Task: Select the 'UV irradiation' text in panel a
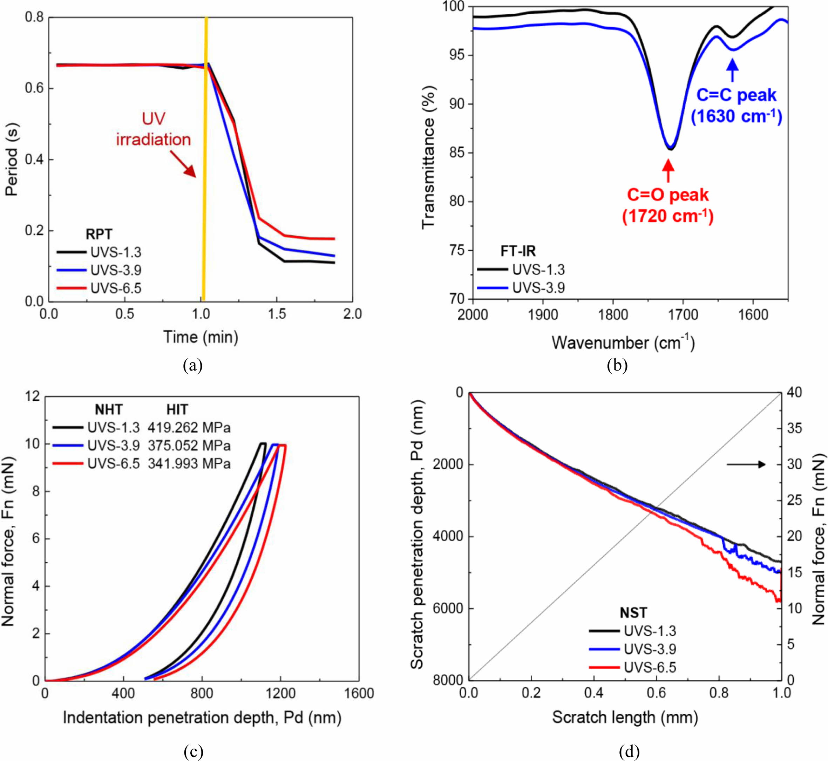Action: click(154, 129)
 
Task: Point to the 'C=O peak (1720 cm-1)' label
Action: click(668, 205)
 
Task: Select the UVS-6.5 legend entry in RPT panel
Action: click(116, 288)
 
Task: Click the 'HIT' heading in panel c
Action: click(177, 409)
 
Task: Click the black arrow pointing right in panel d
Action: click(746, 464)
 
